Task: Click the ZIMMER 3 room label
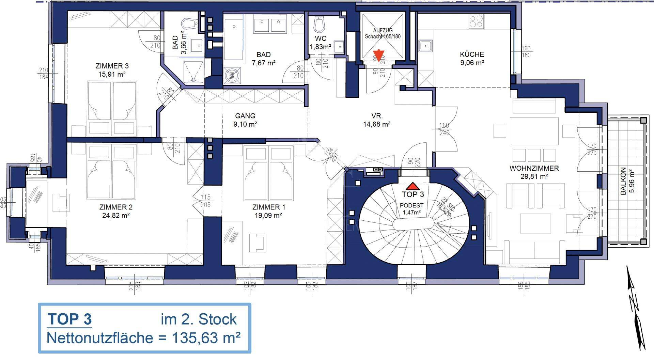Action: (x=112, y=66)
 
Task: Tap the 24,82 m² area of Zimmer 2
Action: (x=116, y=215)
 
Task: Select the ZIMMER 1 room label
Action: (x=269, y=207)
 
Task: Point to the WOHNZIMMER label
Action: (x=534, y=168)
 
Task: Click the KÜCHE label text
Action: (x=472, y=54)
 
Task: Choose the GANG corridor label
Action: (x=245, y=116)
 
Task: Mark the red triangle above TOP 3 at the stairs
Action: (x=412, y=186)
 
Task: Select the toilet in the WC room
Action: (x=320, y=25)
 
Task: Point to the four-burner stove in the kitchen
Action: (x=476, y=21)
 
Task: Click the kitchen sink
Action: (x=425, y=45)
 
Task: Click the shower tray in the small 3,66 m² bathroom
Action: (x=194, y=72)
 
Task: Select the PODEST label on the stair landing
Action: (x=411, y=206)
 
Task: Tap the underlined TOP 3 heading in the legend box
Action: (x=70, y=319)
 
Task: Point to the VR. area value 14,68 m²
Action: (x=376, y=124)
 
